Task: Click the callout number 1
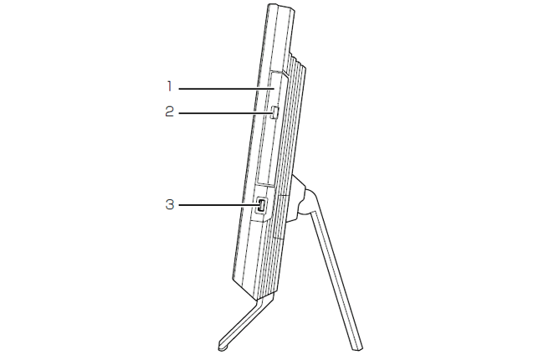click(x=169, y=86)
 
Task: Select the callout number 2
click(x=169, y=112)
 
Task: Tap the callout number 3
click(x=169, y=204)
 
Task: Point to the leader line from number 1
click(x=227, y=89)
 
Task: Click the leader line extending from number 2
click(x=225, y=113)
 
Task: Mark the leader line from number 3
click(x=218, y=205)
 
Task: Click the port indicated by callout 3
click(x=261, y=205)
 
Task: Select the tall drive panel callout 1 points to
click(x=271, y=129)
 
